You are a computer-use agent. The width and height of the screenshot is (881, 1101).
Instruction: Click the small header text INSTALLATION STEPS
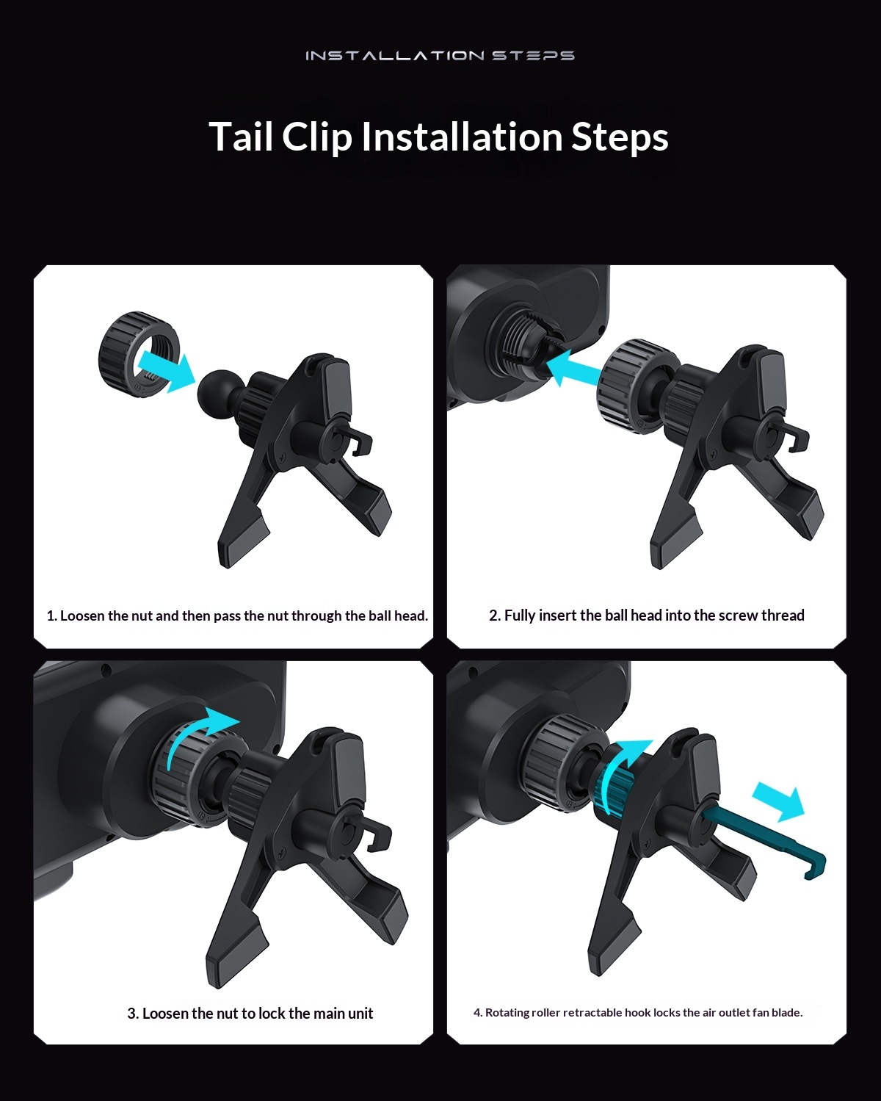pyautogui.click(x=440, y=55)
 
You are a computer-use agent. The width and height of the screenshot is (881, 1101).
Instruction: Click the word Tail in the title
pyautogui.click(x=240, y=137)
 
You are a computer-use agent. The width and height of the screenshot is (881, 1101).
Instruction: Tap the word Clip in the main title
pyautogui.click(x=317, y=137)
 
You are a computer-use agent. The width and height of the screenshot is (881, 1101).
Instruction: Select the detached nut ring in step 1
pyautogui.click(x=139, y=355)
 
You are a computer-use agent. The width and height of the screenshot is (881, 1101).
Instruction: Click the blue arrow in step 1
pyautogui.click(x=166, y=370)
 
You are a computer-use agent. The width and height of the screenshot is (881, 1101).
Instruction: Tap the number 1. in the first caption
pyautogui.click(x=51, y=616)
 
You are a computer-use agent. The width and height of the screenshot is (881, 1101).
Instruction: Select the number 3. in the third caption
pyautogui.click(x=133, y=1014)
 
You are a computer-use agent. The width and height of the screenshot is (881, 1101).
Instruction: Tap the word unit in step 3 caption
pyautogui.click(x=361, y=1014)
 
